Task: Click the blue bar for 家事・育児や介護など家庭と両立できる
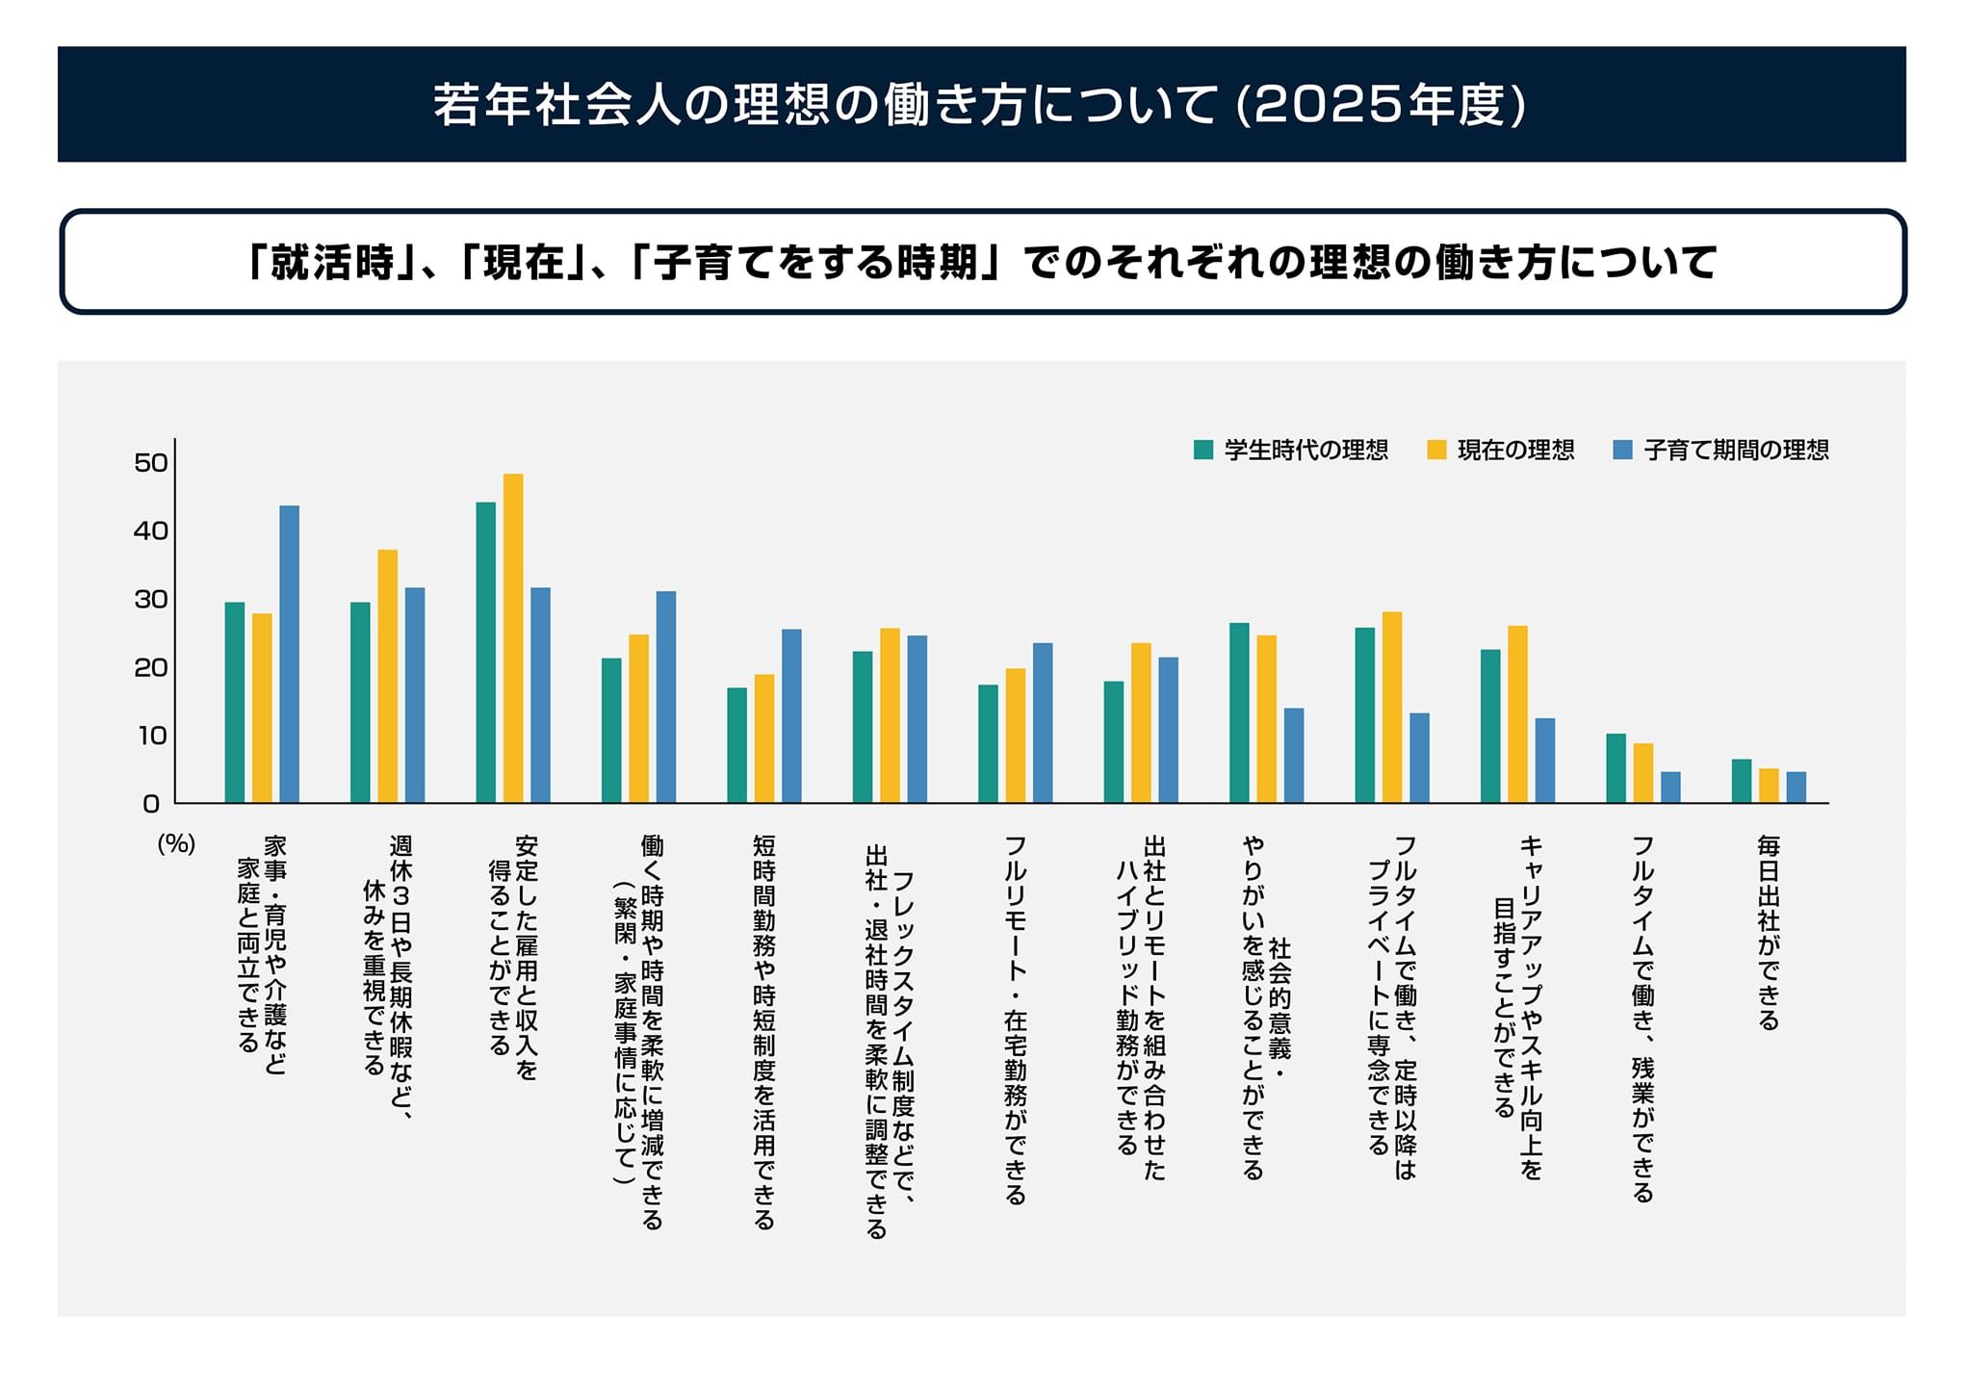[x=289, y=655]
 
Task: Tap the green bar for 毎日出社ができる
[x=1742, y=782]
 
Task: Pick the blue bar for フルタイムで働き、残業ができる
[x=1670, y=787]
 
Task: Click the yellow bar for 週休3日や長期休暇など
[x=387, y=676]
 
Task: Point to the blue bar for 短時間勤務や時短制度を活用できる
[x=791, y=716]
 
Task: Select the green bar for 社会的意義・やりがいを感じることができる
[x=1239, y=713]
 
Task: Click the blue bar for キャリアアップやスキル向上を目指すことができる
[x=1544, y=761]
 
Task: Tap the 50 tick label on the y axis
[x=151, y=463]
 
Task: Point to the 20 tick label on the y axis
[x=151, y=667]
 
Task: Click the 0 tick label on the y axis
[x=151, y=804]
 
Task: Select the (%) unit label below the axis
[x=176, y=844]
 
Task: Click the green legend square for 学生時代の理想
[x=1202, y=450]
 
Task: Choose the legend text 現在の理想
[x=1515, y=450]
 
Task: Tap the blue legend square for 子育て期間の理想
[x=1623, y=450]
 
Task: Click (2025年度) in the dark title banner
[x=1380, y=105]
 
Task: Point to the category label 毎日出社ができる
[x=1769, y=933]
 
